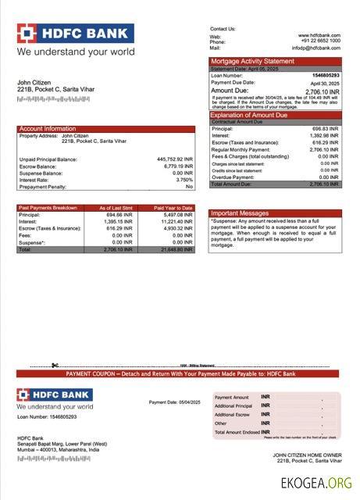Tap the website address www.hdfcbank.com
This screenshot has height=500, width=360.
coord(319,35)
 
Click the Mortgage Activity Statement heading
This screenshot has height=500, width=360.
coord(252,61)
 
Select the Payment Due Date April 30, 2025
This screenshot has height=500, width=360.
coord(324,83)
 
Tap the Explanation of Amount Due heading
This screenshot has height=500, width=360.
coord(249,115)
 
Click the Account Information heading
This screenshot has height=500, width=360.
coord(48,128)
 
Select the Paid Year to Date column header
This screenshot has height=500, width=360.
coord(173,208)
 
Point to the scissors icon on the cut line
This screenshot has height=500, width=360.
coord(55,365)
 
